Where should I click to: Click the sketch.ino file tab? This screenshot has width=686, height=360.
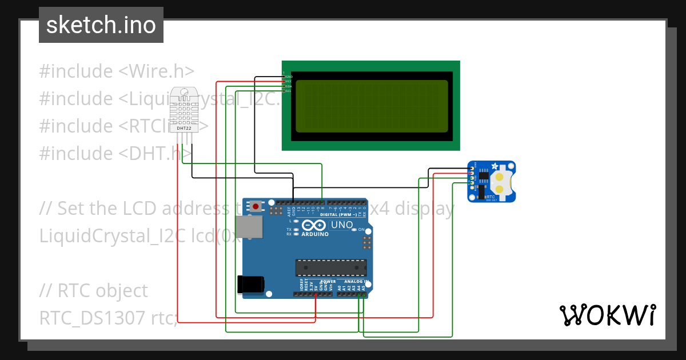click(101, 25)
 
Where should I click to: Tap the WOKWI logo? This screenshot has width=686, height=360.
click(607, 315)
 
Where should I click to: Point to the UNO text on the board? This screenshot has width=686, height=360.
click(342, 225)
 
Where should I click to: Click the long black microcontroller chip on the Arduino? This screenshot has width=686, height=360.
click(330, 267)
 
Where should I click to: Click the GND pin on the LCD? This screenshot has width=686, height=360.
click(284, 77)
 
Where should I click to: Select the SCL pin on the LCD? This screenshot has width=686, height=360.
click(284, 91)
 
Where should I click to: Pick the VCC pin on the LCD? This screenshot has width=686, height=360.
click(284, 82)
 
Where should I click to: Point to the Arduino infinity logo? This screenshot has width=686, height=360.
click(313, 225)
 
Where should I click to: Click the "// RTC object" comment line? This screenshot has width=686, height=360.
click(94, 290)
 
